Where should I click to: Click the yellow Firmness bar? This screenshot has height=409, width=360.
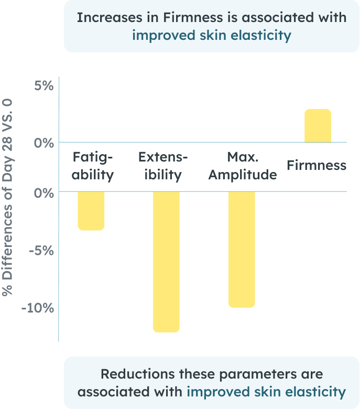(x=318, y=126)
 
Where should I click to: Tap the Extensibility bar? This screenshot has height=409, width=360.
(x=166, y=261)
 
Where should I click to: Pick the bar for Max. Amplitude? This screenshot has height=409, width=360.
(x=242, y=249)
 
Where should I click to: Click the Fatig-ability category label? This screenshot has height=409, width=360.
(x=93, y=166)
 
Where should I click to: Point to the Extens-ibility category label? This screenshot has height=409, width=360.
(x=163, y=166)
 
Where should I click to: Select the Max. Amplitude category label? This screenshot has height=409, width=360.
(x=242, y=166)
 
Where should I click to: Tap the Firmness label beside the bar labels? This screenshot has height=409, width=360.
(x=317, y=166)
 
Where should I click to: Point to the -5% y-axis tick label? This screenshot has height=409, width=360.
(x=41, y=251)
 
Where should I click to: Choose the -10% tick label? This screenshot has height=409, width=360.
(x=38, y=308)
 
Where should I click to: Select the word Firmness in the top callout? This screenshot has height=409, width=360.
(x=184, y=17)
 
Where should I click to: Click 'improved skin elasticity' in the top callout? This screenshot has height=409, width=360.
(x=211, y=35)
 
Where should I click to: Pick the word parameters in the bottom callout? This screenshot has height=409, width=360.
(x=256, y=374)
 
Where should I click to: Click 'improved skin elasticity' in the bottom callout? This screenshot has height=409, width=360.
(x=266, y=392)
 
